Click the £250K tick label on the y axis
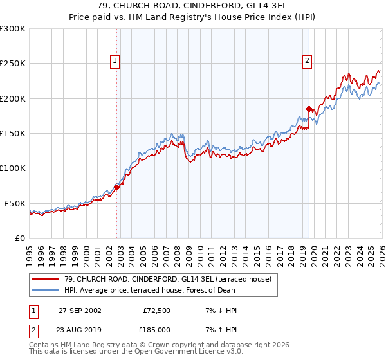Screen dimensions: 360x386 12,64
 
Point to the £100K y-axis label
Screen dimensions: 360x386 12,168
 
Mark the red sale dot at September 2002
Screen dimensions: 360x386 117,187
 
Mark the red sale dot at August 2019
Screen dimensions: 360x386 309,109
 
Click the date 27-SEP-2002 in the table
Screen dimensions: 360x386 80,310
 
